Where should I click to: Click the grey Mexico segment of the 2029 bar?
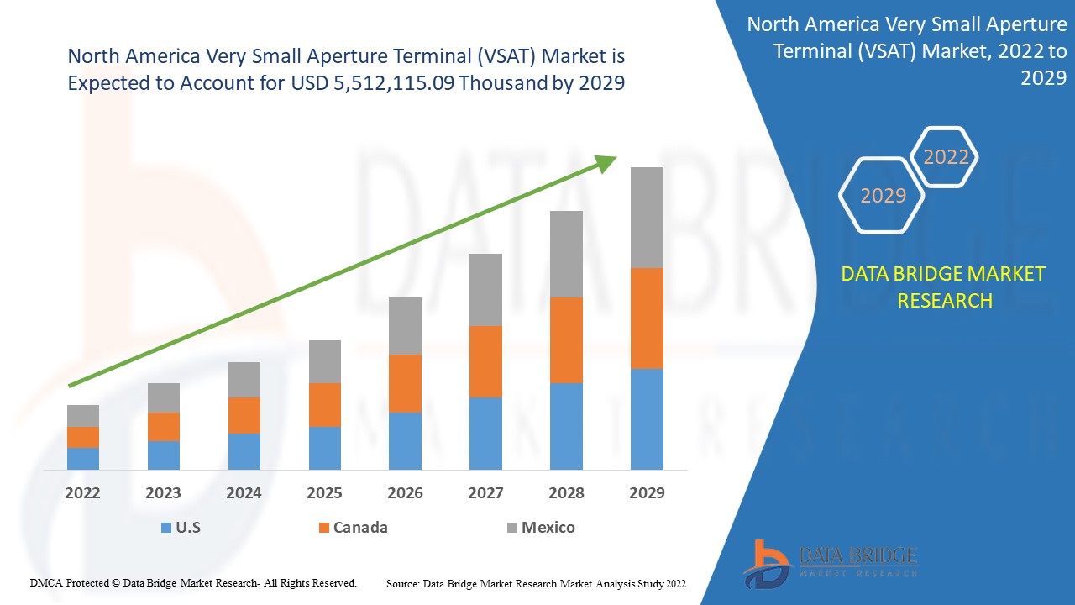tap(647, 217)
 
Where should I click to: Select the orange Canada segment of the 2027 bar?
tap(485, 361)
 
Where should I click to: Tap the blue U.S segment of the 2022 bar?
tap(83, 458)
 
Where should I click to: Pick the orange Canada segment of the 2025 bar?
tap(325, 405)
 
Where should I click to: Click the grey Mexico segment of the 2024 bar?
tap(244, 380)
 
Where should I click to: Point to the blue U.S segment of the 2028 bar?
tap(566, 426)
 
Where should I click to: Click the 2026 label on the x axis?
tap(405, 493)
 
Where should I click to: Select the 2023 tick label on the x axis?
tap(163, 493)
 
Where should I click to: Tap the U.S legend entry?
tap(180, 528)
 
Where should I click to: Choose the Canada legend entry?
tap(353, 528)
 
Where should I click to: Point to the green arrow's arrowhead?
tap(606, 162)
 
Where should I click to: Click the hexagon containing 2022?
tap(946, 157)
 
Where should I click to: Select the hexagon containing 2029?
tap(883, 196)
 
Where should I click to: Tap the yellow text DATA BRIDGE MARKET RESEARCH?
tap(944, 287)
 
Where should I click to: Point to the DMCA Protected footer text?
tap(194, 582)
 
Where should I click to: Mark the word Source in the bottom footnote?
tap(402, 583)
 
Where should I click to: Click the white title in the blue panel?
tap(907, 51)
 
